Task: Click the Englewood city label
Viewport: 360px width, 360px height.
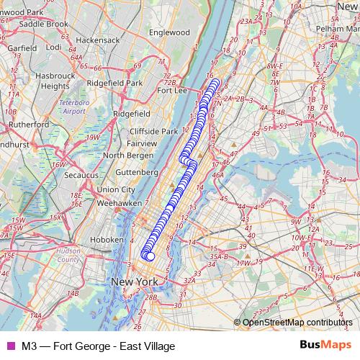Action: (x=169, y=32)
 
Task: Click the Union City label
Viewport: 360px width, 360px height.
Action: (x=116, y=189)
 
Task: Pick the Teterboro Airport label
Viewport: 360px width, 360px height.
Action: (x=73, y=107)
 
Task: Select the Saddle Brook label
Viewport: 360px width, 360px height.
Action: (x=45, y=24)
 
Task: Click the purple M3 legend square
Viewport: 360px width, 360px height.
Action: (x=9, y=346)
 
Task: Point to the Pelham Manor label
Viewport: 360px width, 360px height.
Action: (x=336, y=28)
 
